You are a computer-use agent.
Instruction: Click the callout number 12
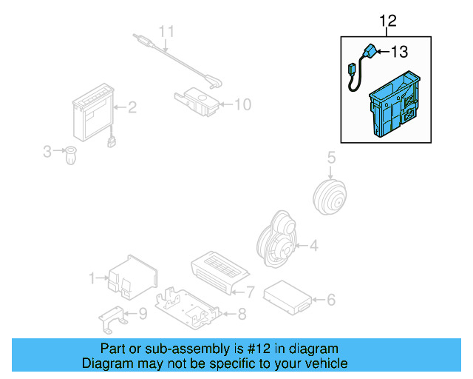click(388, 21)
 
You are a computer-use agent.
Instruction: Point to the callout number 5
click(331, 157)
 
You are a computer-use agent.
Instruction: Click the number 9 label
click(143, 314)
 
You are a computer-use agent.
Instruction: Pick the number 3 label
click(47, 152)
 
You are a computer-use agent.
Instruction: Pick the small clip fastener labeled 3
click(71, 155)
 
